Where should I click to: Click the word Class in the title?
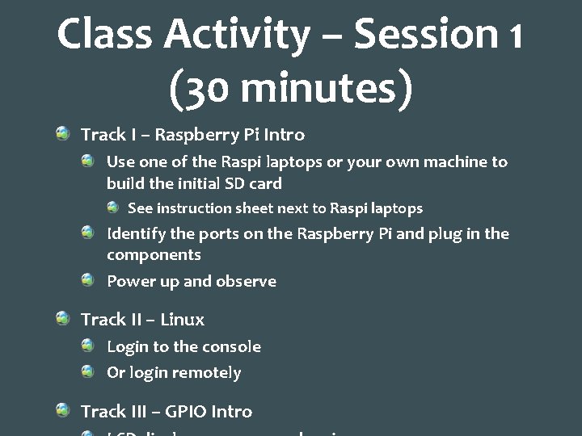click(105, 34)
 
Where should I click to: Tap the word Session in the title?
click(426, 34)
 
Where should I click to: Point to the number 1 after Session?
click(516, 36)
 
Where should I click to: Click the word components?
click(154, 255)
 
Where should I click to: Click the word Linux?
click(182, 320)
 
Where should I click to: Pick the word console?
click(231, 346)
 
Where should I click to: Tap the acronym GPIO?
click(185, 412)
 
